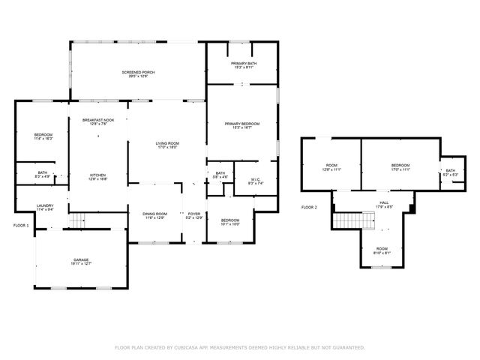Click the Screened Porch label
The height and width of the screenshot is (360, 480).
[138, 73]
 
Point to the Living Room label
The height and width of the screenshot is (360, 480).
[166, 145]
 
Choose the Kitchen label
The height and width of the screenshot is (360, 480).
[98, 177]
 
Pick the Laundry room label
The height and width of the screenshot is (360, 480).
[45, 207]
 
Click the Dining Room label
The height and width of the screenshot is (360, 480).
[155, 215]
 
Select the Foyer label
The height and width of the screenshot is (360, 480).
[193, 215]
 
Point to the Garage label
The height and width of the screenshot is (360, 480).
[81, 261]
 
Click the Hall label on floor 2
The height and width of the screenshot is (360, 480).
[383, 204]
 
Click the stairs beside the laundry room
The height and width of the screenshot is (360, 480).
[79, 220]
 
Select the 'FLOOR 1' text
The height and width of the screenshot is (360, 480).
[21, 225]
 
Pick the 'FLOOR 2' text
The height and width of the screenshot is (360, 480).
[309, 207]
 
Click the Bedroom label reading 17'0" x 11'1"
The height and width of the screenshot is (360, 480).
[400, 166]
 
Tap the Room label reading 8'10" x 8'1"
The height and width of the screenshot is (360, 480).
[382, 250]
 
